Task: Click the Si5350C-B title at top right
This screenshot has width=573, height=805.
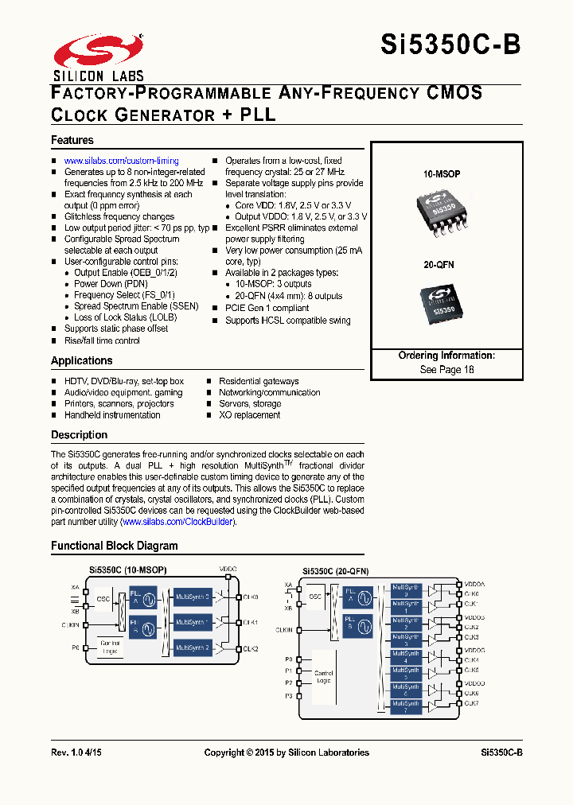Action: click(x=450, y=45)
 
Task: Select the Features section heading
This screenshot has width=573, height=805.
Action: click(x=72, y=140)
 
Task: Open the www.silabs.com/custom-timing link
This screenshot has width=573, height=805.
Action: click(x=121, y=161)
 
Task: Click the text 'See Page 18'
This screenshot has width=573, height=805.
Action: click(x=446, y=370)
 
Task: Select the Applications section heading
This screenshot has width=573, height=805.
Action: click(x=82, y=360)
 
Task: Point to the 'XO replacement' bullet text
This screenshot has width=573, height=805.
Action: click(x=249, y=414)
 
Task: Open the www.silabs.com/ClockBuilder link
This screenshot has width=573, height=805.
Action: click(x=177, y=522)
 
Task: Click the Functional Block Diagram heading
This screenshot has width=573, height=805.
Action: click(x=115, y=546)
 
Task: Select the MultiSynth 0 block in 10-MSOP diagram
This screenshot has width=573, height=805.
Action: click(x=192, y=596)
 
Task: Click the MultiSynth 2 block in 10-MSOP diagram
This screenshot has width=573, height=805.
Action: click(x=192, y=647)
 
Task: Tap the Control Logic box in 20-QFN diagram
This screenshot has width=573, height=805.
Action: click(x=323, y=677)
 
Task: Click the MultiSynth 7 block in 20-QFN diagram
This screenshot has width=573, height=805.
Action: click(x=406, y=706)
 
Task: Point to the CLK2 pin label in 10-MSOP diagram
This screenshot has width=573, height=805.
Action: click(x=250, y=649)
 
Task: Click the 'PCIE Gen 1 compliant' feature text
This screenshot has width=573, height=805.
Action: click(x=267, y=308)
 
